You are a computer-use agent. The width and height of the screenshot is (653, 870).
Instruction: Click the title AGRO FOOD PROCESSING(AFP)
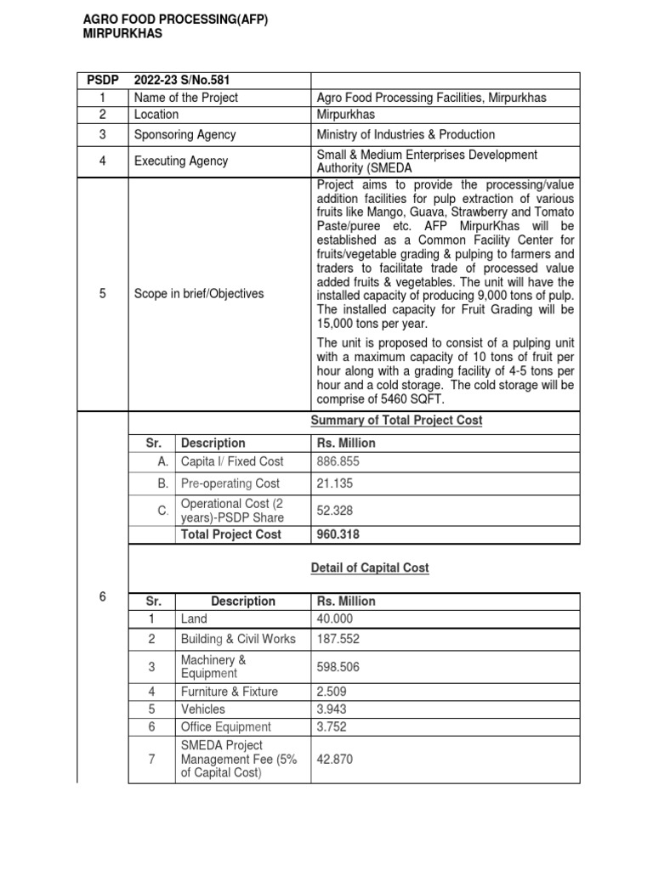coord(175,21)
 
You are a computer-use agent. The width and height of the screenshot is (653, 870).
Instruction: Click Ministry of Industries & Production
coord(406,134)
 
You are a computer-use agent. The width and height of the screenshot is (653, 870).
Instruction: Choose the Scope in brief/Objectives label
coord(199,294)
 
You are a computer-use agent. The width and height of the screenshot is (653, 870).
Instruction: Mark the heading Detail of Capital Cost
coord(370,568)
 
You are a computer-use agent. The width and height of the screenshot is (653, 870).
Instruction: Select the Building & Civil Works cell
coord(238,639)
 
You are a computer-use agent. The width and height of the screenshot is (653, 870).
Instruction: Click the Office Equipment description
coord(226,726)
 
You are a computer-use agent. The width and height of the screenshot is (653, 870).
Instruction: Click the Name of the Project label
coord(186,98)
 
